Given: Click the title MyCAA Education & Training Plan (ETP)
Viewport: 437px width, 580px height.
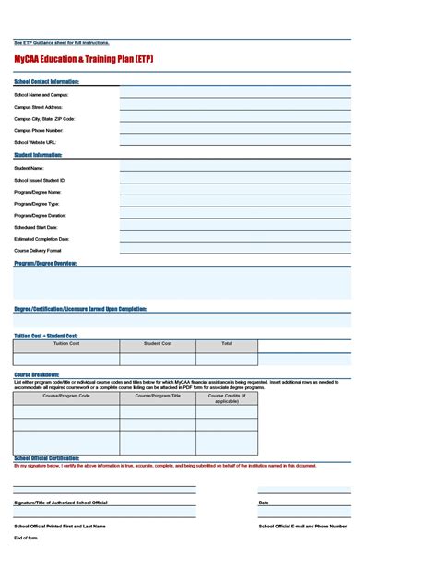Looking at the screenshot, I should tap(83, 59).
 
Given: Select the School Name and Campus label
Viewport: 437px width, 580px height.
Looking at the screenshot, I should tap(41, 95).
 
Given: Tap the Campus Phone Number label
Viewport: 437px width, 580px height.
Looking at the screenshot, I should tap(39, 131).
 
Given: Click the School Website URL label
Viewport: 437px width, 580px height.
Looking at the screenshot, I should tap(35, 143).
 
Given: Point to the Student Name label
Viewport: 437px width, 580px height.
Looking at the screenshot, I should tap(29, 168).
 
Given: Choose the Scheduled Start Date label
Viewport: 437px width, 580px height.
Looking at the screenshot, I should tap(36, 227).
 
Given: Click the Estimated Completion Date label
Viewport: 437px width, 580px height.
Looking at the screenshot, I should tap(41, 239).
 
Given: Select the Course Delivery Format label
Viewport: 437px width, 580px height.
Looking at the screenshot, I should tap(38, 251).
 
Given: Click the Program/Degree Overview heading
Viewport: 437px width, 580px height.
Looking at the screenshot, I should tap(45, 263).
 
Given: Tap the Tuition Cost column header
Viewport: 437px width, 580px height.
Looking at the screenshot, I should tap(66, 343).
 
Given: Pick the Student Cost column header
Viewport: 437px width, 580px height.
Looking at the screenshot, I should tap(158, 343).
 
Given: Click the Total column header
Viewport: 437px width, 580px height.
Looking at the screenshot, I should tap(227, 343).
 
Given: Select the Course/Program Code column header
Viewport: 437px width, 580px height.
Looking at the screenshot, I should tap(66, 396).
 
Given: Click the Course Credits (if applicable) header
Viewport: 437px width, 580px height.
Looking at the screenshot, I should tap(227, 398).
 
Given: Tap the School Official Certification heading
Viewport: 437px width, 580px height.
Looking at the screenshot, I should tap(46, 457).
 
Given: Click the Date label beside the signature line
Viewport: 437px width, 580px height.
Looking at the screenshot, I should tap(264, 503).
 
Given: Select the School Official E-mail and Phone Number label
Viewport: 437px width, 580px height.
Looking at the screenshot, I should tap(302, 526).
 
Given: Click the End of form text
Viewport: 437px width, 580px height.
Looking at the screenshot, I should tap(26, 538).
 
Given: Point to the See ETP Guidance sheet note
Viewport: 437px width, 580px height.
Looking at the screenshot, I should tap(61, 43).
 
